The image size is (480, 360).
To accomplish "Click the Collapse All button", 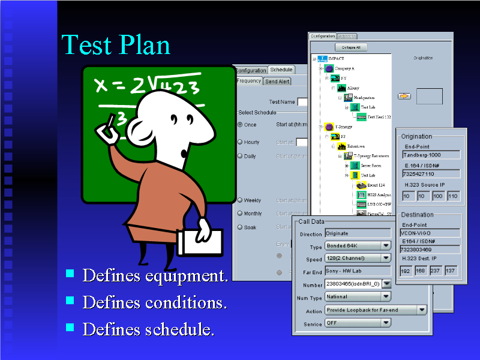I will (x=351, y=47).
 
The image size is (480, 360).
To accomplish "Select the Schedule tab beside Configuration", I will (x=281, y=70).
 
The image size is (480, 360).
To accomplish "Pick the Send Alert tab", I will (x=277, y=82).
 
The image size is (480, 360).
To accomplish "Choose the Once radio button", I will (x=241, y=125).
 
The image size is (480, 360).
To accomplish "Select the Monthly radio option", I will (x=241, y=214).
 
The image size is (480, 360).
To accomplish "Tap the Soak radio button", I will (x=241, y=227).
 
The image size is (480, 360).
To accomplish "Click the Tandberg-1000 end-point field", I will (x=430, y=155).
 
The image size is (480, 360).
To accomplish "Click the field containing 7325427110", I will (x=430, y=174).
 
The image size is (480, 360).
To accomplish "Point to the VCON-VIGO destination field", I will (x=430, y=233).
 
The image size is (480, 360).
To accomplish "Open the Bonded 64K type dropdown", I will (x=358, y=246).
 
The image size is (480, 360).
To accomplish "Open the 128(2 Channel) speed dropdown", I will (x=358, y=259).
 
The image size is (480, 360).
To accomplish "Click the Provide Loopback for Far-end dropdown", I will (x=376, y=310).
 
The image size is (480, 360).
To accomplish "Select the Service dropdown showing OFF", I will (x=358, y=323).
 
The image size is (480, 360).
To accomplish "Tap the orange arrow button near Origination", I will (x=405, y=96).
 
